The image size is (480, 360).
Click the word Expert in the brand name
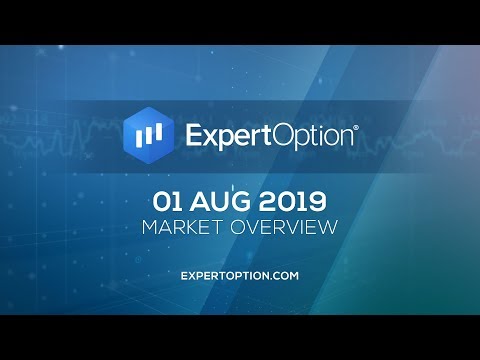(x=229, y=135)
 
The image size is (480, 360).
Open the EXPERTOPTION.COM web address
(x=240, y=274)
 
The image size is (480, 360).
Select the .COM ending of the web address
(x=288, y=274)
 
